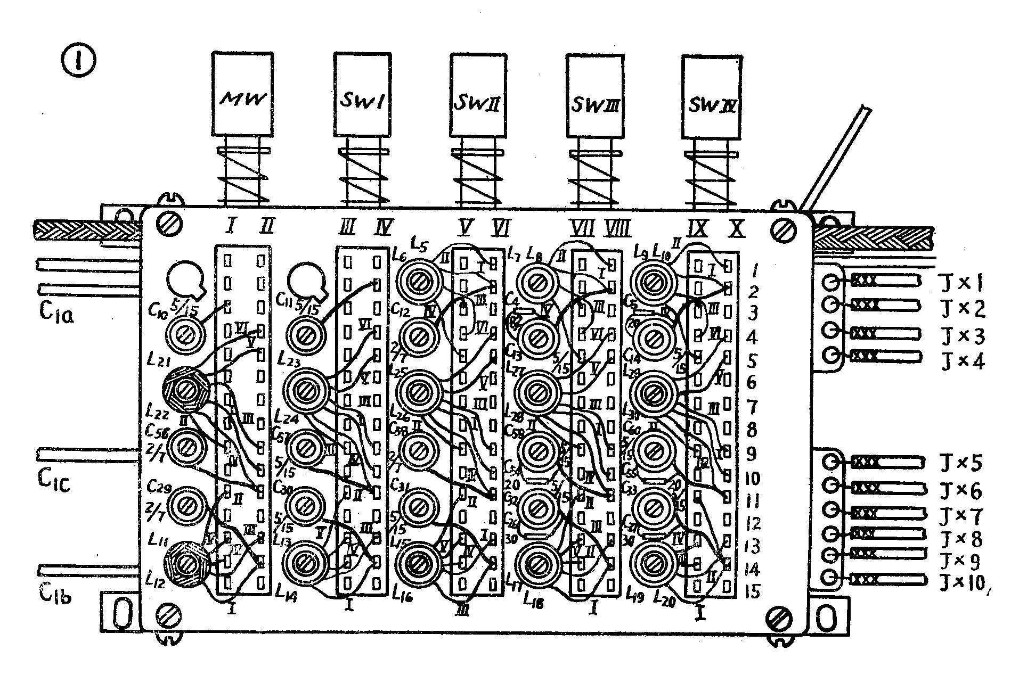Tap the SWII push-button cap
pyautogui.click(x=477, y=94)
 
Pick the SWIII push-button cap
pyautogui.click(x=592, y=95)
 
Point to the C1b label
pyautogui.click(x=55, y=594)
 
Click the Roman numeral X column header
pyautogui.click(x=736, y=229)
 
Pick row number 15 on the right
pyautogui.click(x=752, y=591)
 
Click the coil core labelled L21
pyautogui.click(x=186, y=390)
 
